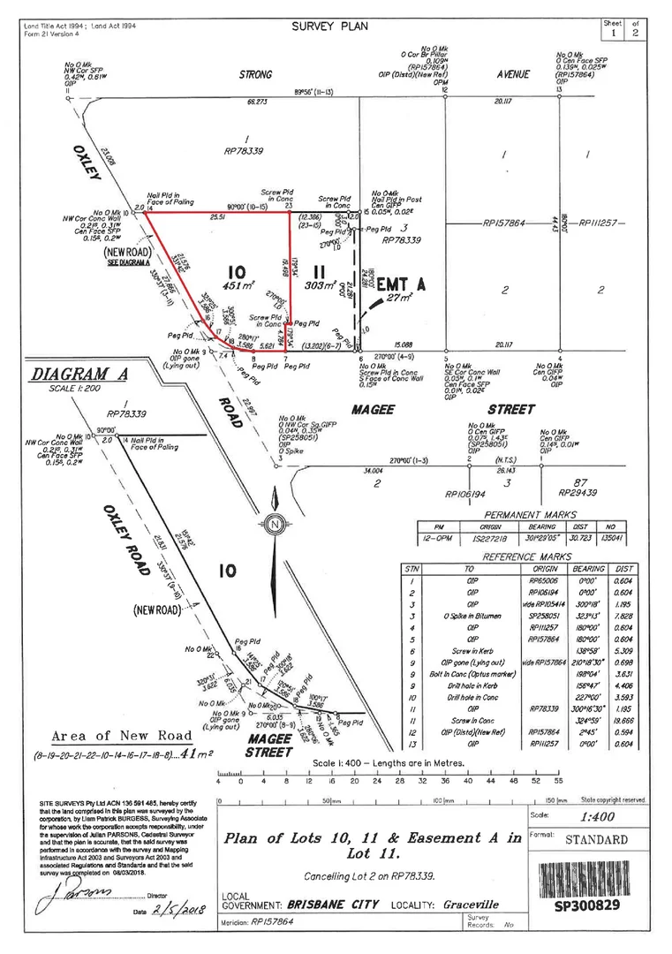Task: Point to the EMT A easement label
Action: pos(402,285)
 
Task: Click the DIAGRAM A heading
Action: pos(79,375)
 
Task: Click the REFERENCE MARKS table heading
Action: pos(524,557)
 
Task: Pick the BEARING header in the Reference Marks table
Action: pos(589,569)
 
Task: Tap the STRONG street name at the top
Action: pos(256,75)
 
